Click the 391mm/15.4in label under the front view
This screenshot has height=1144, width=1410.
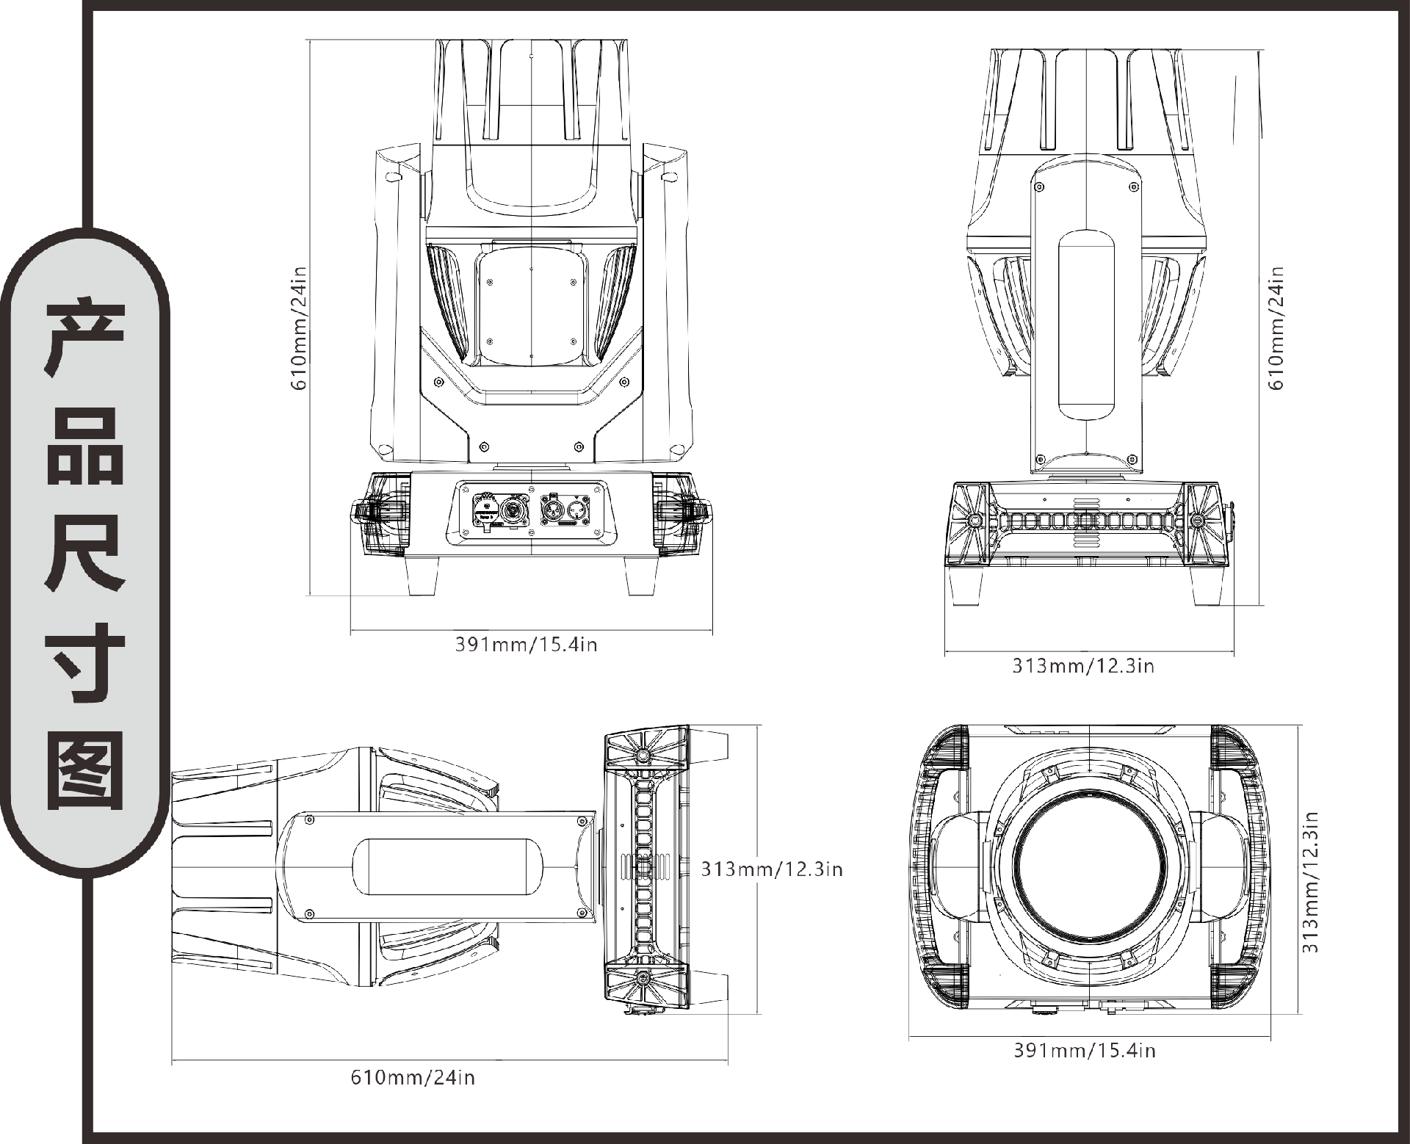tap(526, 645)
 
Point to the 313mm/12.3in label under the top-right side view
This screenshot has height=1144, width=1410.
tap(1083, 666)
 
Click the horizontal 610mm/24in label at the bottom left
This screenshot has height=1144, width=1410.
tap(413, 1077)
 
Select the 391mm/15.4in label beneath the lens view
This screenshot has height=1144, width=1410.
tap(1085, 1051)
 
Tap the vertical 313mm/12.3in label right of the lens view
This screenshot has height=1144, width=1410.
tap(1311, 881)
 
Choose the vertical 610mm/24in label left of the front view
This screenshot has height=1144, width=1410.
tap(299, 328)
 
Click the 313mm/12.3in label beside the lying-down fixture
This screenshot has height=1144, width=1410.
tap(771, 869)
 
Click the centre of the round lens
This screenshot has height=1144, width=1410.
tap(1089, 866)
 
